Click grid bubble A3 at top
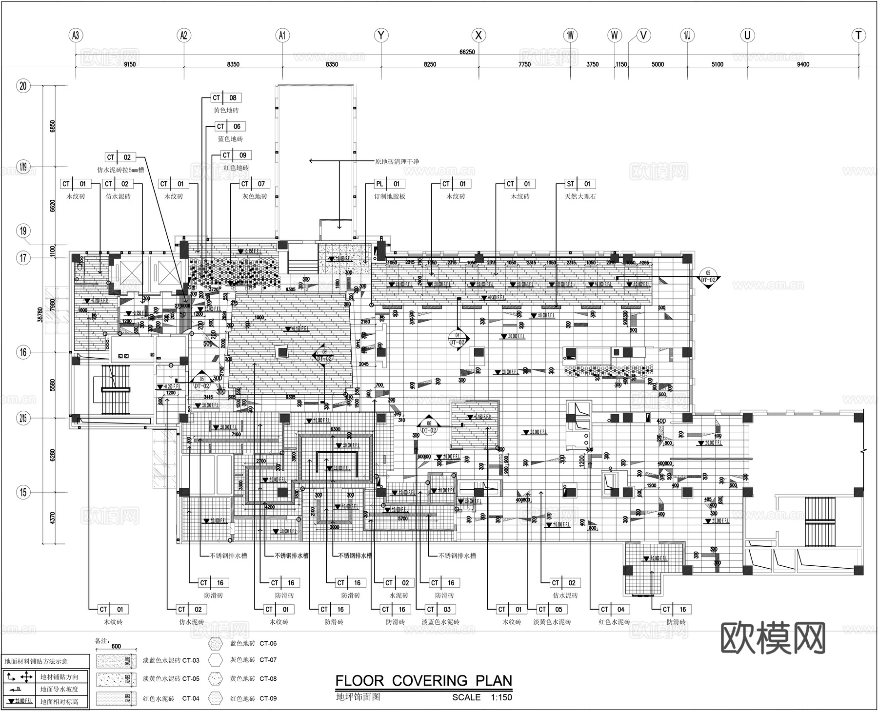pyautogui.click(x=75, y=35)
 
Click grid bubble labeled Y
pyautogui.click(x=381, y=35)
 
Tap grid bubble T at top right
pyautogui.click(x=858, y=35)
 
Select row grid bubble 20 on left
pyautogui.click(x=23, y=86)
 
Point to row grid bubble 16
pyautogui.click(x=23, y=352)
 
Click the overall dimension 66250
pyautogui.click(x=467, y=52)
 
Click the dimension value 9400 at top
pyautogui.click(x=802, y=64)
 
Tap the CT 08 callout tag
pyautogui.click(x=226, y=98)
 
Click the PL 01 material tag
pyautogui.click(x=389, y=184)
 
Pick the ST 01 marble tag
pyautogui.click(x=579, y=184)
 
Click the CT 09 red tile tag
pyautogui.click(x=235, y=155)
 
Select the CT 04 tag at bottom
pyautogui.click(x=613, y=609)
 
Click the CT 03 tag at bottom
pyautogui.click(x=439, y=609)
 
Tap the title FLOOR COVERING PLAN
pyautogui.click(x=423, y=680)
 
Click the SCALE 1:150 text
pyautogui.click(x=482, y=697)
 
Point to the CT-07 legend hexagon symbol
pyautogui.click(x=215, y=660)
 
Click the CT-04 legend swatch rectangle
pyautogui.click(x=115, y=698)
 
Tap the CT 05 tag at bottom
pyautogui.click(x=551, y=609)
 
